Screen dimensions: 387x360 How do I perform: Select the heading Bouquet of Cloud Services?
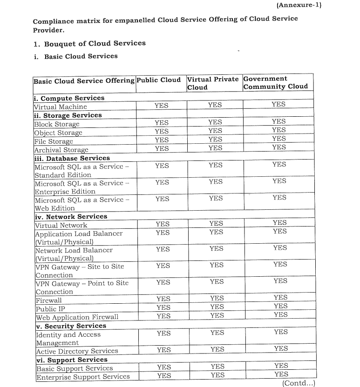click(95, 43)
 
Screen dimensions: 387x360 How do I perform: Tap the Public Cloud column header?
click(158, 80)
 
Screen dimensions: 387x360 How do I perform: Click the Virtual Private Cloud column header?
click(213, 83)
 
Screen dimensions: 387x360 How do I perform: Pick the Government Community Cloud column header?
click(275, 82)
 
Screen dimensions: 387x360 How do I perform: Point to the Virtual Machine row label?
click(61, 107)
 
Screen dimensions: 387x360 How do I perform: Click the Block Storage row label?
click(57, 124)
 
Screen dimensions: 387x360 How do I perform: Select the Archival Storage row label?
click(61, 150)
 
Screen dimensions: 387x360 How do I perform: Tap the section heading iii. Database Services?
click(72, 158)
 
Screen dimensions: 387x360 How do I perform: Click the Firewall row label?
click(48, 300)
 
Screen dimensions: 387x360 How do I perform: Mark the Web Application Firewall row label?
click(77, 317)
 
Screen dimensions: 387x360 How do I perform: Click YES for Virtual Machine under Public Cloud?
click(161, 106)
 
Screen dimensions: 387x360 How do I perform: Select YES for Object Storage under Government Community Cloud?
click(278, 130)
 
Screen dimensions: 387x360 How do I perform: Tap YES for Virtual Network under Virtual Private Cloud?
click(216, 224)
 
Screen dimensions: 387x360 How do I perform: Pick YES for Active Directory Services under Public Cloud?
click(163, 350)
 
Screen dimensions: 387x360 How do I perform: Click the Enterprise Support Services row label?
click(82, 376)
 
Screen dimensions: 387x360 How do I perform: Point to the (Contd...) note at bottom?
click(299, 383)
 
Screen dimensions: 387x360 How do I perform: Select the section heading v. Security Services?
click(71, 326)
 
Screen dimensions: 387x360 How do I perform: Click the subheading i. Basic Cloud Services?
click(81, 56)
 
